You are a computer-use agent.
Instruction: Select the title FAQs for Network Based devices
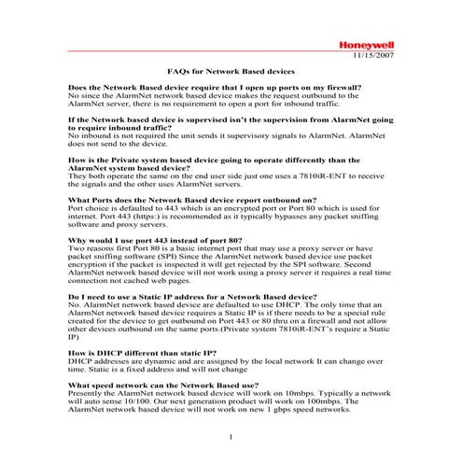tap(231, 71)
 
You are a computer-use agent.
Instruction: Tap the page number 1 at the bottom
tap(230, 438)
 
